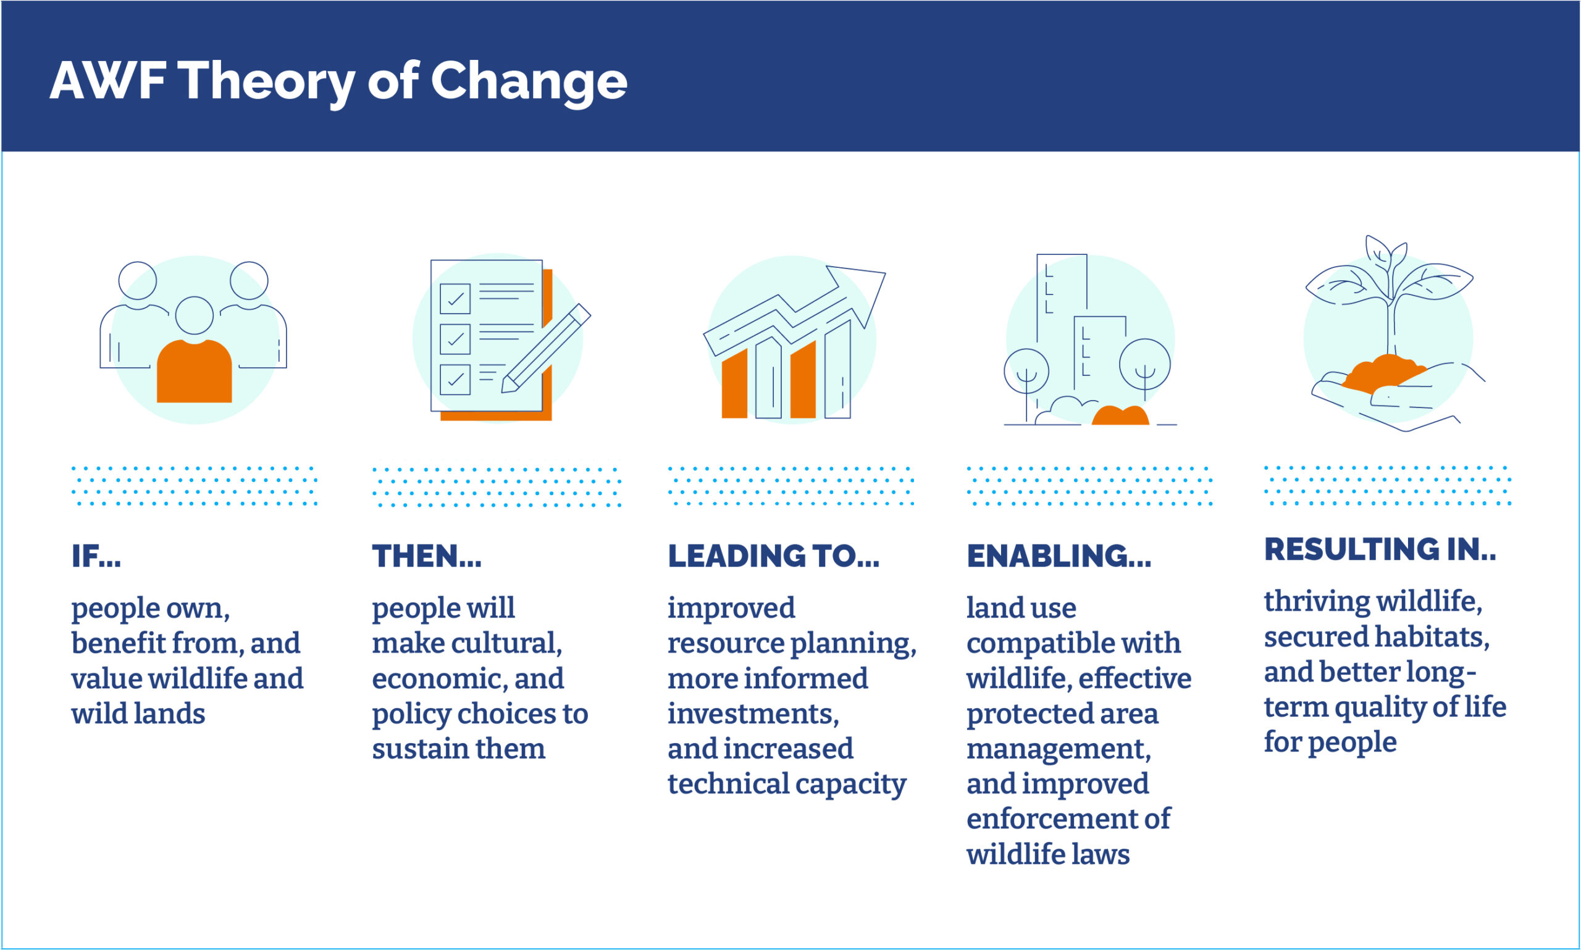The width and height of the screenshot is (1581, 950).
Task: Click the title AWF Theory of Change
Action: click(338, 82)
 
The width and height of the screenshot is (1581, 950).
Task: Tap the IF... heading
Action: click(96, 556)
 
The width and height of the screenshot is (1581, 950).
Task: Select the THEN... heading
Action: click(427, 556)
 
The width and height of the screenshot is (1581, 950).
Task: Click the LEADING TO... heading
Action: click(773, 556)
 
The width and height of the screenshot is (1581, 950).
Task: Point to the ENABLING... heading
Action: click(1059, 556)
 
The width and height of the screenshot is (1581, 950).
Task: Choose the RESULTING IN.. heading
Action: click(1380, 549)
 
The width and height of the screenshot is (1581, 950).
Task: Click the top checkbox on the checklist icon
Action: click(455, 299)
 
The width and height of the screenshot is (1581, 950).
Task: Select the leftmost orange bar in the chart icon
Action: click(734, 384)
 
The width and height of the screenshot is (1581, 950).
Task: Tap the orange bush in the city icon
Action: click(1120, 415)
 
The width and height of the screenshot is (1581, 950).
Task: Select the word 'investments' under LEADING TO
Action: click(753, 714)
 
